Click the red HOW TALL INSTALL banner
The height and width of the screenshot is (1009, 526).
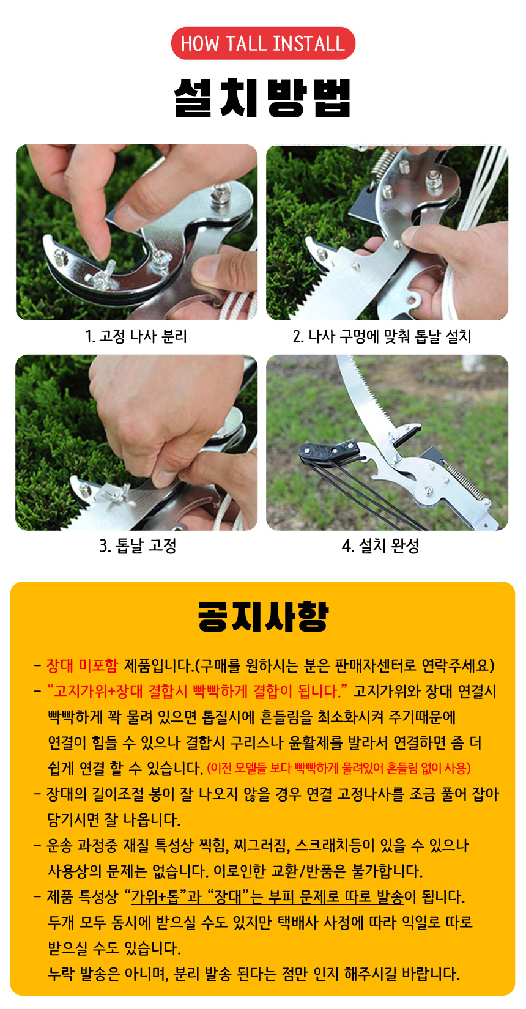[263, 43]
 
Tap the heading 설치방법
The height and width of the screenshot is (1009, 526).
[262, 98]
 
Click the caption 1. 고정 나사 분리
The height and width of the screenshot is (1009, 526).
[136, 336]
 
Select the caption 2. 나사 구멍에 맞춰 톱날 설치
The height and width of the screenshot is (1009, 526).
[382, 336]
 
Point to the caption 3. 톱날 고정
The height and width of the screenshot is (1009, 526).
[138, 545]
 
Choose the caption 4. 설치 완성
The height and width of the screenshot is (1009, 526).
[380, 545]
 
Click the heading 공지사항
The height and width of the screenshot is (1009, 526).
[264, 616]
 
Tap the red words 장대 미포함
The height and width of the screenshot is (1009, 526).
[82, 665]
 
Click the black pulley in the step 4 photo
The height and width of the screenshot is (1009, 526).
[329, 451]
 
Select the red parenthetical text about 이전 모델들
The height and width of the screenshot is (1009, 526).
[339, 767]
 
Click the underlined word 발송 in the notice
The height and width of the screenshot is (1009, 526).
[390, 897]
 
